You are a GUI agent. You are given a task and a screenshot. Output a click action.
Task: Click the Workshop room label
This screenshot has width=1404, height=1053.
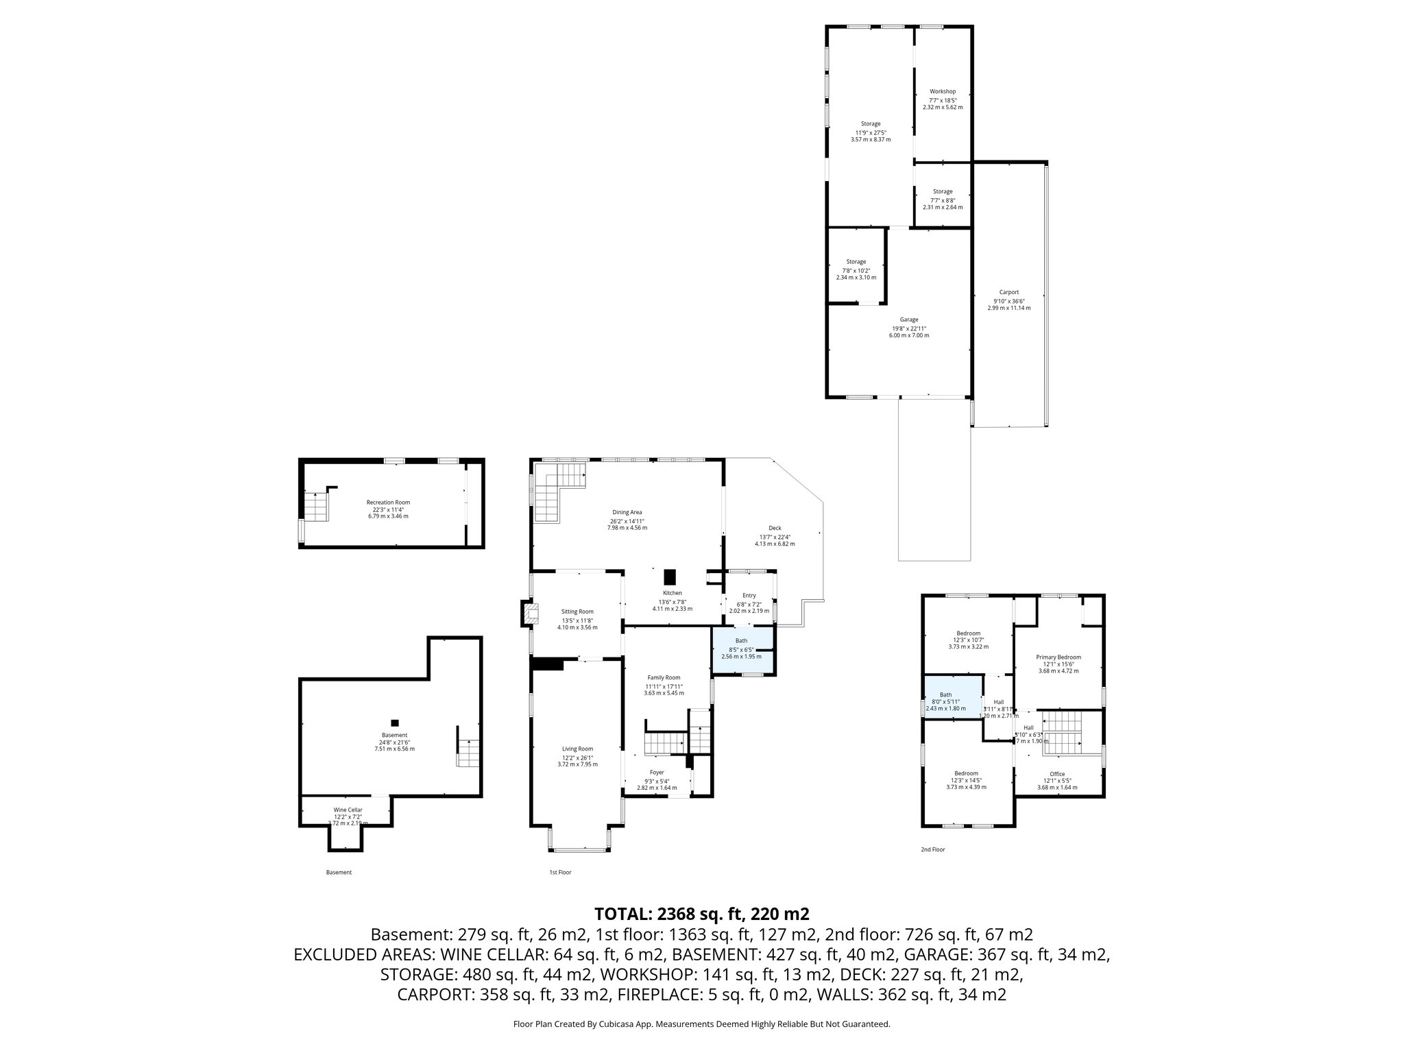[x=942, y=91]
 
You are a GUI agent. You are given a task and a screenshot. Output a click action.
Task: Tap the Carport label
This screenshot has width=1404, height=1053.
[x=1008, y=292]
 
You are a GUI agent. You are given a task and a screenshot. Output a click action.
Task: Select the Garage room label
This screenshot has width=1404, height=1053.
[x=909, y=319]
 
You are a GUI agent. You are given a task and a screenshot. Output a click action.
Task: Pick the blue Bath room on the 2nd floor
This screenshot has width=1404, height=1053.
[x=952, y=699]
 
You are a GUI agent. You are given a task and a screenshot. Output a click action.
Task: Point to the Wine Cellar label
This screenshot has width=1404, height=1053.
[x=348, y=810]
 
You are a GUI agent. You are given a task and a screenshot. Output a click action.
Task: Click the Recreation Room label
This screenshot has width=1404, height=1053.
[x=388, y=503]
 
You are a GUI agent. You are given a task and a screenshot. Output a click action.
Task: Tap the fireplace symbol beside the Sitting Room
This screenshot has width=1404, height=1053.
[x=529, y=613]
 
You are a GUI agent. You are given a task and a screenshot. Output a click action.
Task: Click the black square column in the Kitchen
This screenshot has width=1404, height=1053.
[x=670, y=577]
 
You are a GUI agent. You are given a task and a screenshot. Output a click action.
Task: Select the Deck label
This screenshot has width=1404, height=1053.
[x=775, y=528]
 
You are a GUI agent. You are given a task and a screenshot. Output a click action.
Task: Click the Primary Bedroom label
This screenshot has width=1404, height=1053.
[x=1058, y=657]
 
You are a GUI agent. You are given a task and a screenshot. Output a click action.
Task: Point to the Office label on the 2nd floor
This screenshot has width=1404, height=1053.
[x=1057, y=774]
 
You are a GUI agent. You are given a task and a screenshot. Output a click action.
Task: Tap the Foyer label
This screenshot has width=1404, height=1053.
[x=657, y=773]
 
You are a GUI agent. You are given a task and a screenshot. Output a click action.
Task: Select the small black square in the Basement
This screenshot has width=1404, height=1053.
[x=394, y=722]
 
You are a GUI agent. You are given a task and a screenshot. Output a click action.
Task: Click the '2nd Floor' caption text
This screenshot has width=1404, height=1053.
[x=932, y=849]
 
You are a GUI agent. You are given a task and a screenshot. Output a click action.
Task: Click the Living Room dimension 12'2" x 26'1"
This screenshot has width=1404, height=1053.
[x=577, y=757]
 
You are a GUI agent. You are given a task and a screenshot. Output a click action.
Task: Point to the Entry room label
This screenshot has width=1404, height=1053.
[x=749, y=596]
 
